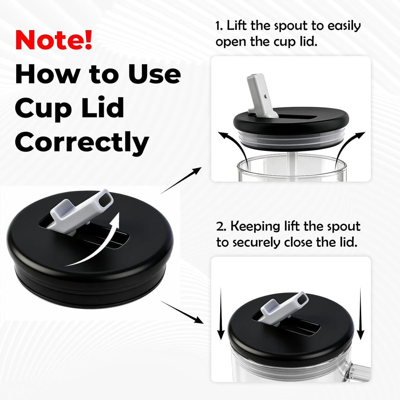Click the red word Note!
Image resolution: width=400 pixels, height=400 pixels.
coord(54,40)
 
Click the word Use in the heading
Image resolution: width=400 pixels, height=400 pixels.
coord(154,74)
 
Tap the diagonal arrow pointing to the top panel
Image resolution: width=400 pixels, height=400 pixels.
coord(181,180)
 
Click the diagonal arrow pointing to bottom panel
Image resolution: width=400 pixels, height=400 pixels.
coord(182,312)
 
